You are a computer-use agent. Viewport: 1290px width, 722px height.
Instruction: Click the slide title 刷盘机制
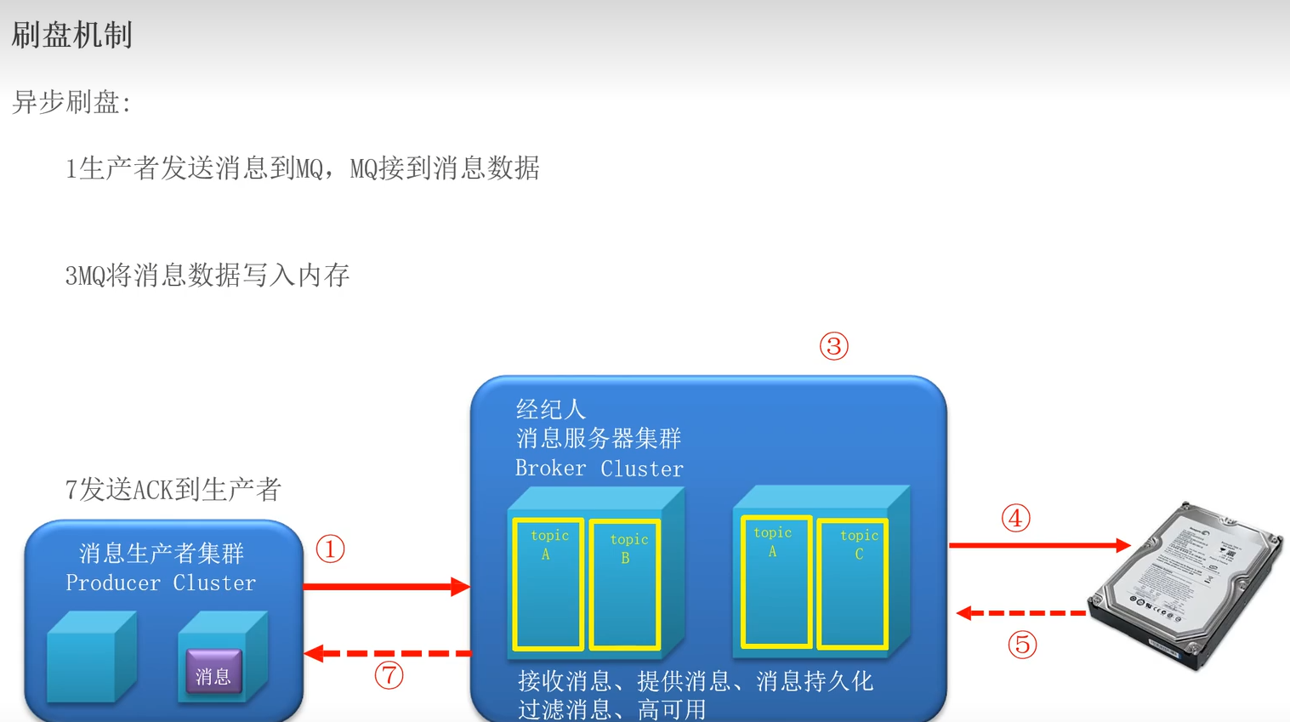pos(72,36)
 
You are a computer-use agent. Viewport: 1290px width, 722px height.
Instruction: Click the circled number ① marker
pos(330,549)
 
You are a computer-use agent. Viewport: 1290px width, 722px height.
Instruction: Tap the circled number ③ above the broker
pos(833,346)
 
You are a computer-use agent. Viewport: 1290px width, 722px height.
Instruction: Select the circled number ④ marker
pos(1015,518)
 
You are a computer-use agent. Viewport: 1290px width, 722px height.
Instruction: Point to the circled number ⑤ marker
pos(1022,645)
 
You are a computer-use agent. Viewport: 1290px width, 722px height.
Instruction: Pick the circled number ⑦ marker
pos(389,676)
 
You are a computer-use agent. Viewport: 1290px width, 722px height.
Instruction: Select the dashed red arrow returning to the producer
pos(388,653)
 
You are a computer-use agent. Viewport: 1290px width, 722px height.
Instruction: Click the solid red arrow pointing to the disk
pos(1038,545)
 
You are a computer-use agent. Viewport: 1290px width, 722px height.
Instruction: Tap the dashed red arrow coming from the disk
pos(1020,613)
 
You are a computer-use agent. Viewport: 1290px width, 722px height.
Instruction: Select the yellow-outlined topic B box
pos(625,584)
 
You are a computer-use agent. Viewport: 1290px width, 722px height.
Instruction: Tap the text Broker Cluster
pos(599,469)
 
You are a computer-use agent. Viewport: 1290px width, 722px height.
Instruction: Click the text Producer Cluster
pos(161,583)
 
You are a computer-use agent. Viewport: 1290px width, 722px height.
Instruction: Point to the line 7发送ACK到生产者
pos(173,490)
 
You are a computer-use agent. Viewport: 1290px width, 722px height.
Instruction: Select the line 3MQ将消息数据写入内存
pos(207,276)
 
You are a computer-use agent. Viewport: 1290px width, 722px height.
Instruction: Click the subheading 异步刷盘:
pos(71,103)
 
